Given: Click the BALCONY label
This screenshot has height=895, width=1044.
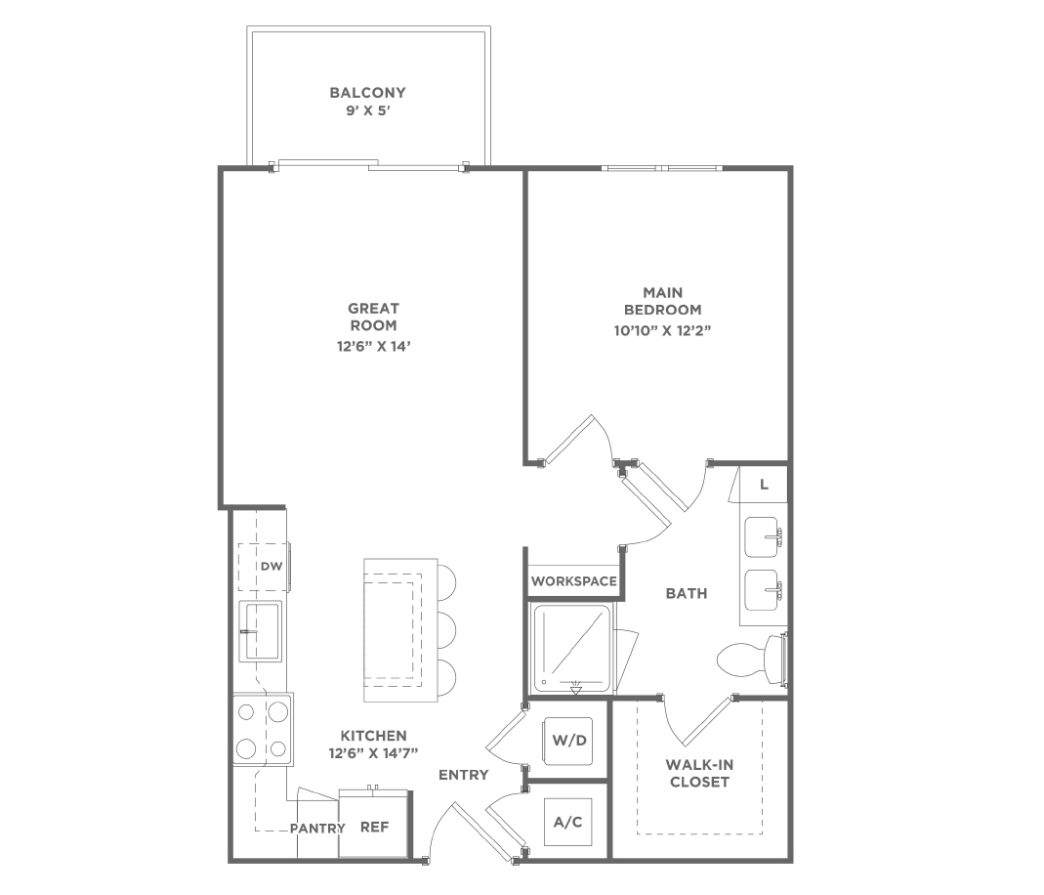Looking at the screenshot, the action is [367, 93].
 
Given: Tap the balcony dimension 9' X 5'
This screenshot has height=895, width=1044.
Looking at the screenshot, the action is [367, 110].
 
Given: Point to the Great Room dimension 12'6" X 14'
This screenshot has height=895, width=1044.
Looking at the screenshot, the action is [373, 346].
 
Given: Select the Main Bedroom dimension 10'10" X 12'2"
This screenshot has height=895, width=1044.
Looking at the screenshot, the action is [663, 330].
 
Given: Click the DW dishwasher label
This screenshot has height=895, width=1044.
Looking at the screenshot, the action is [271, 567].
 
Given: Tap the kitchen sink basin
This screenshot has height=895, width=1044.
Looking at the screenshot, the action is [261, 630].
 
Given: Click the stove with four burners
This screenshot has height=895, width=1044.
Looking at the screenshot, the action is [263, 729].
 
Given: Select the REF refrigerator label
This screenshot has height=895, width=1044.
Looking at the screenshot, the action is [374, 827].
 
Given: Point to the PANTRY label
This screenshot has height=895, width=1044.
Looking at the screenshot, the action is [317, 829].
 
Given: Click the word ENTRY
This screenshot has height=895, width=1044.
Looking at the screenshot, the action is [464, 775].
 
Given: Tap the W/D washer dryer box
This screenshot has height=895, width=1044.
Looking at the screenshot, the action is [569, 741].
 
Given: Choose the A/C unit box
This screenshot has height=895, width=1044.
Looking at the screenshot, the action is [568, 823].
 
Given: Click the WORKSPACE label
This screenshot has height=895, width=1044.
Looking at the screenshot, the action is [574, 581].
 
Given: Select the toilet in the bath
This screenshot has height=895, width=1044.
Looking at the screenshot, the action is [752, 660].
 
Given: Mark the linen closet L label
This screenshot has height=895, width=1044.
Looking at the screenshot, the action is [765, 485].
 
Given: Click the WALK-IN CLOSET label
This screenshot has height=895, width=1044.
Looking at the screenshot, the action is [699, 774].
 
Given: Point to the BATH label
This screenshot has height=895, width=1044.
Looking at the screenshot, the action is [687, 593].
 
